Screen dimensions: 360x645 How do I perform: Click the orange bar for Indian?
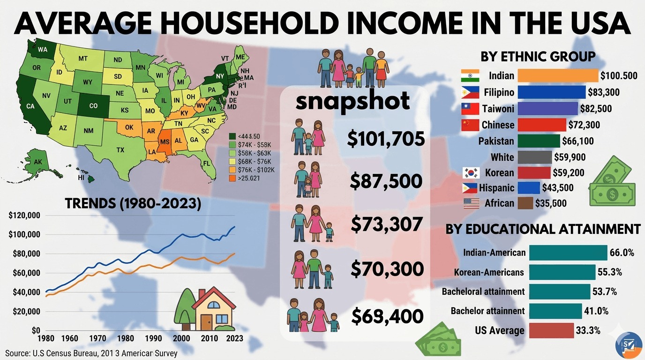coord(558,75)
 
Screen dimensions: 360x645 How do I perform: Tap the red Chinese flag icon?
coord(470,125)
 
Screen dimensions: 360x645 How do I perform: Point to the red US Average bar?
coord(551,330)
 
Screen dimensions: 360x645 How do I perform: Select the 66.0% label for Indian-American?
coord(622,253)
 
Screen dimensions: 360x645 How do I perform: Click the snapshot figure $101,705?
coord(386,139)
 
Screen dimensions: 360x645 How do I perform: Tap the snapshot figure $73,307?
coord(386,225)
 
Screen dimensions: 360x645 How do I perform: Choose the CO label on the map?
coord(93,106)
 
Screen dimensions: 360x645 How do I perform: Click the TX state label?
coord(120,150)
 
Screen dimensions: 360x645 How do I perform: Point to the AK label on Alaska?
coord(38,162)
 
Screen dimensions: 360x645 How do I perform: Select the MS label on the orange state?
coord(165,142)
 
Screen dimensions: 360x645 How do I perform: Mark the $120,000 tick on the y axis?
coord(25,216)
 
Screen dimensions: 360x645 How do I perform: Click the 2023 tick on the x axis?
coord(234,338)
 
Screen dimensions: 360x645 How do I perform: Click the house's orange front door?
coord(207,322)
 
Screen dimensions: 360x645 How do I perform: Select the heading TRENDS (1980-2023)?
coord(133,203)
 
